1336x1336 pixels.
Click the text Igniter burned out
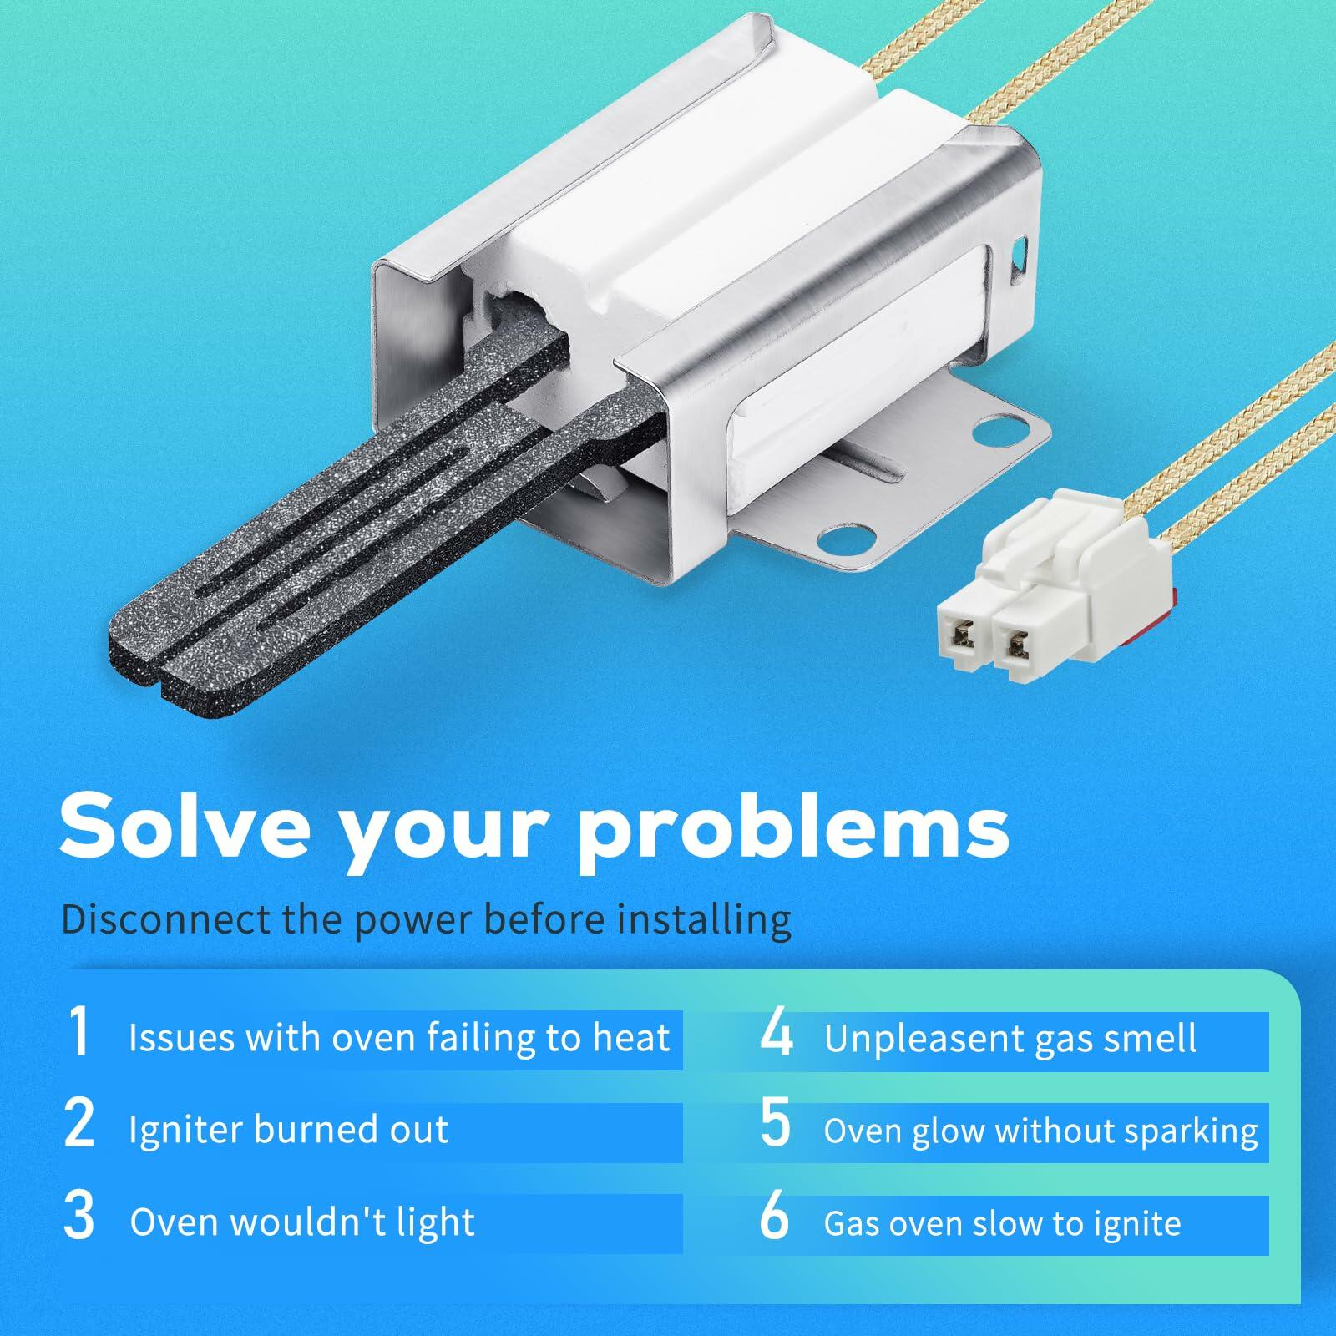288,1130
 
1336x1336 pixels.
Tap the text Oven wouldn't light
302,1222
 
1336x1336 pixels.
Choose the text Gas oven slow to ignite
1003,1224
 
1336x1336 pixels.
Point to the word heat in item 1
631,1037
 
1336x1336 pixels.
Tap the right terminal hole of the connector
1016,644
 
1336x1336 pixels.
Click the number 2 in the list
79,1124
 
